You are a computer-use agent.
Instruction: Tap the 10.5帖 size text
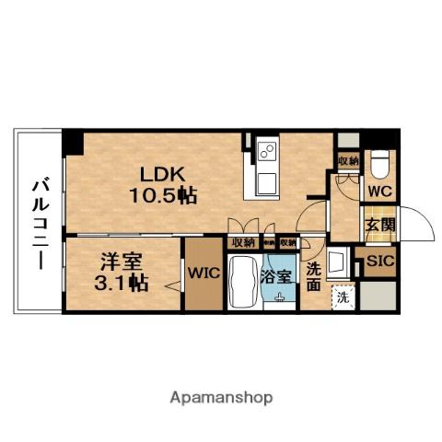[x=161, y=194]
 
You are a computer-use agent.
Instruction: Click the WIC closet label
[x=203, y=273]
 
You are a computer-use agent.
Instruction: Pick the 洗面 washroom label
[x=314, y=276]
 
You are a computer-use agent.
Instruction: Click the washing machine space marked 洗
[x=343, y=298]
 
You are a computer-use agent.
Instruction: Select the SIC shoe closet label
[x=378, y=262]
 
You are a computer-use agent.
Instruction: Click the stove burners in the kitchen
[x=267, y=148]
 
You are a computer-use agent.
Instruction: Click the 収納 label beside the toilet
[x=347, y=161]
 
